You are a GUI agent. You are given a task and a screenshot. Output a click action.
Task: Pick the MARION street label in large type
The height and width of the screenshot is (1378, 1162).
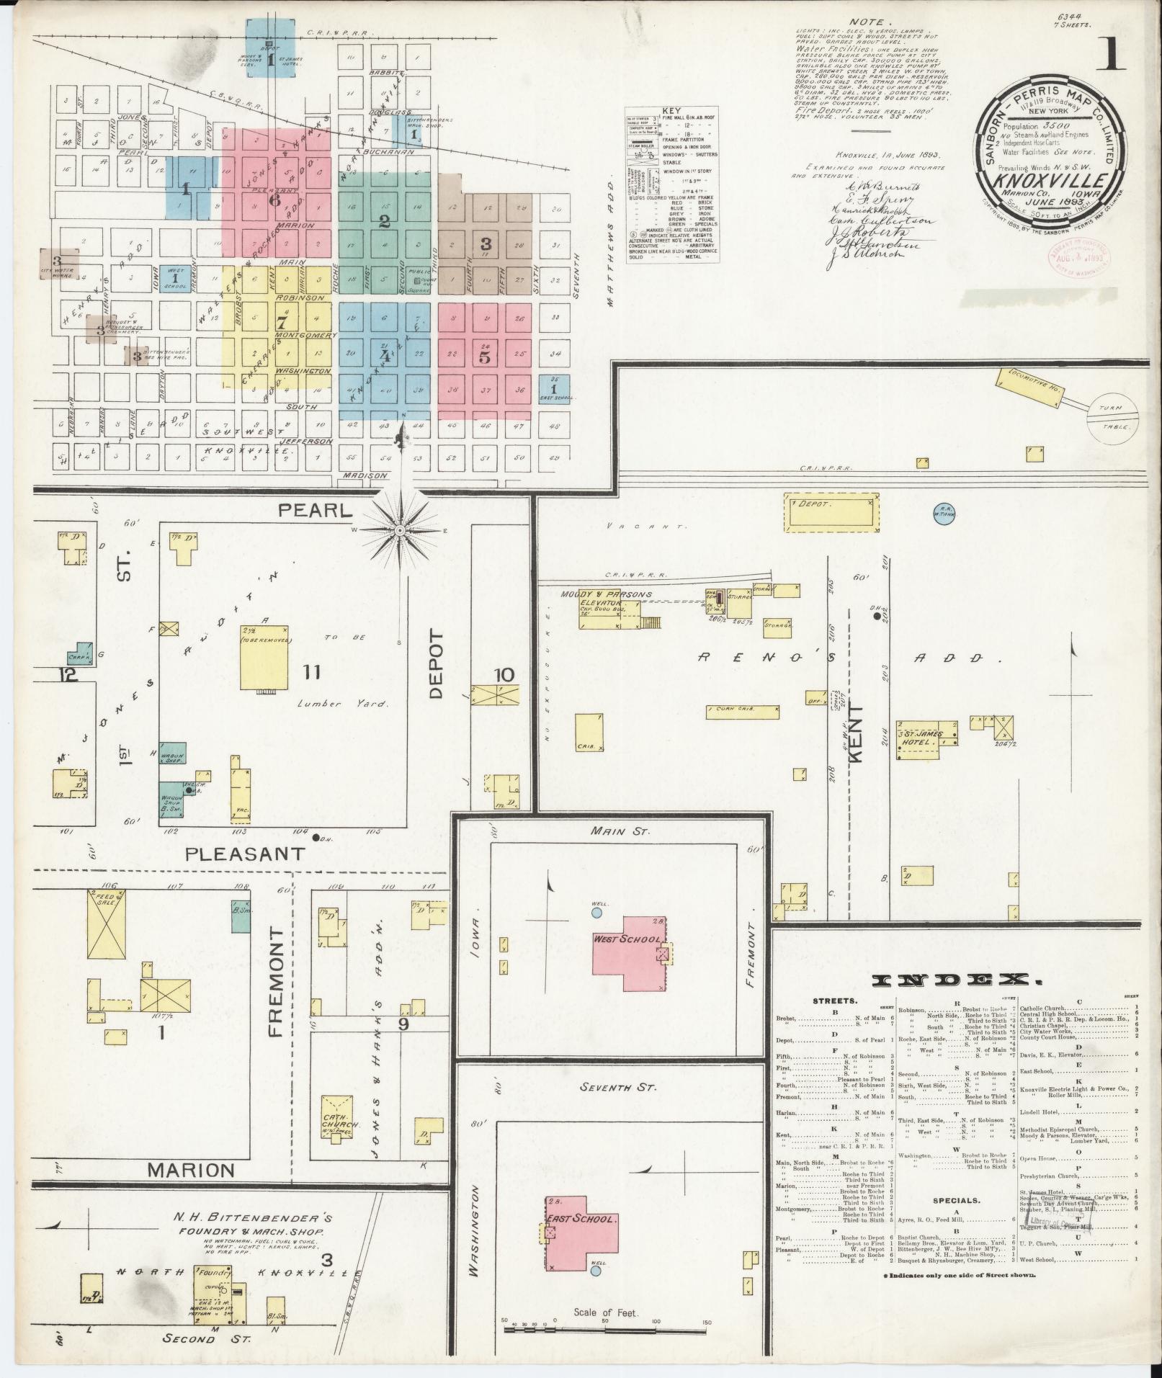point(191,1171)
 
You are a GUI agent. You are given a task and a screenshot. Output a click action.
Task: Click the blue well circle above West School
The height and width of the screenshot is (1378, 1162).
point(596,912)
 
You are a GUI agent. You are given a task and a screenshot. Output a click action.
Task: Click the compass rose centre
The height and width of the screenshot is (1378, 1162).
point(400,531)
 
